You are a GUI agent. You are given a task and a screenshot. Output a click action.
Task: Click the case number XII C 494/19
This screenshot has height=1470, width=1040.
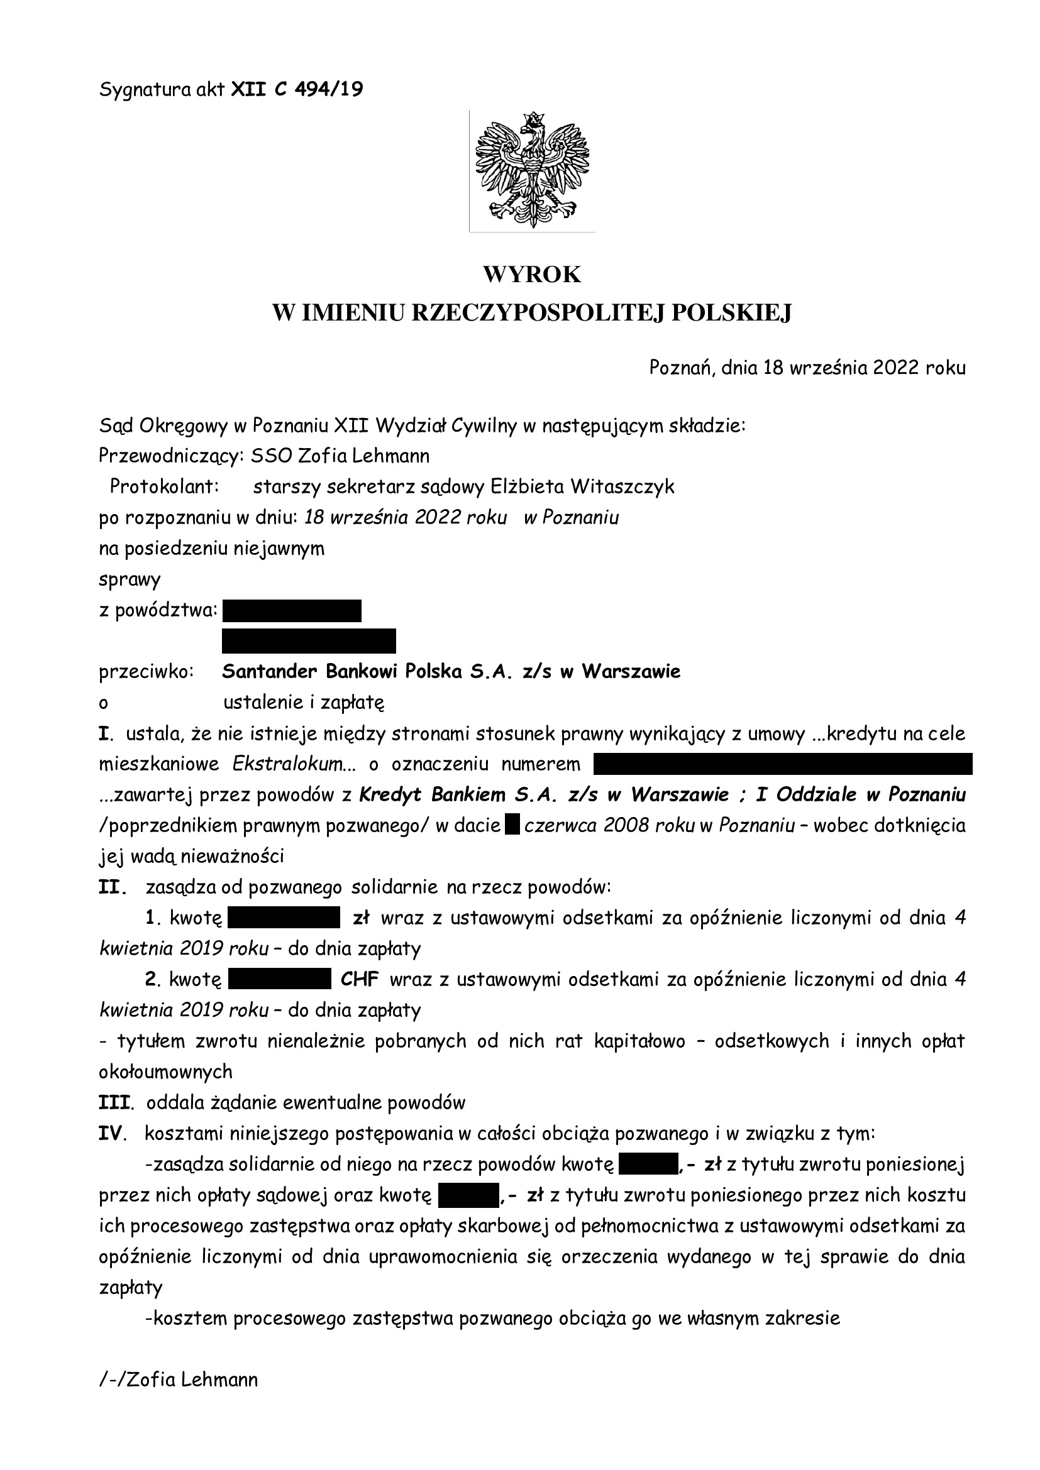coord(297,90)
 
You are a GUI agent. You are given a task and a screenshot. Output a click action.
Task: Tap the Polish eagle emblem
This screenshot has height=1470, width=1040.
coord(531,170)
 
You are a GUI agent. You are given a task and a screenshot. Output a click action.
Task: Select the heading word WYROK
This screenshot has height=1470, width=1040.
coord(531,274)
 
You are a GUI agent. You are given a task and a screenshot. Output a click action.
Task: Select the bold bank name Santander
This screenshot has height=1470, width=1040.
coord(270,672)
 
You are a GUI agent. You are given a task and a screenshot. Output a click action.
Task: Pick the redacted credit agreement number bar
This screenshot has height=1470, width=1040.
coord(783,764)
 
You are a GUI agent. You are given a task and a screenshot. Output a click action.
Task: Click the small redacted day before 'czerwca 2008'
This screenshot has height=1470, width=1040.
coord(512,826)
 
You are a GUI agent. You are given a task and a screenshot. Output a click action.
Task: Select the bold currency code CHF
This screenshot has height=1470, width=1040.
coord(359,980)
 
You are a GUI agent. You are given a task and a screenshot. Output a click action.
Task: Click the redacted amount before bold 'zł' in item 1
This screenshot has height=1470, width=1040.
coord(283,918)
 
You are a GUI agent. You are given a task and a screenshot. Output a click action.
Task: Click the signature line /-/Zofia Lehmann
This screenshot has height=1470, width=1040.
coord(179,1379)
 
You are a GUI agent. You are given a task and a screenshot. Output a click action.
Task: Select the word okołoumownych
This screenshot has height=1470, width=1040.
coord(165,1072)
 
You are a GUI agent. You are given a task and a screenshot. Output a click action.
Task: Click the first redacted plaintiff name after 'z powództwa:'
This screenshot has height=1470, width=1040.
coord(291,611)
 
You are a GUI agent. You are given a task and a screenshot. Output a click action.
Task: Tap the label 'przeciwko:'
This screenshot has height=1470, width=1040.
coord(146,672)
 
